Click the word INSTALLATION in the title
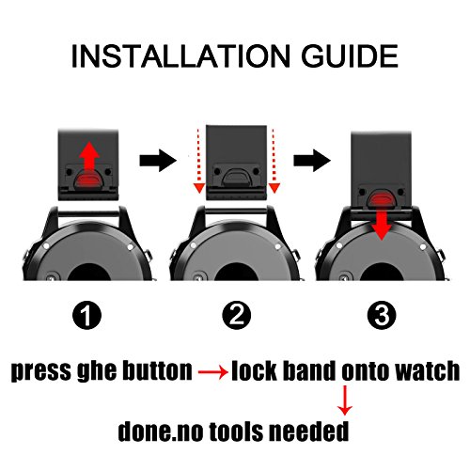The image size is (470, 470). click(x=180, y=56)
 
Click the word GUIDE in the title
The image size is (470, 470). click(x=350, y=56)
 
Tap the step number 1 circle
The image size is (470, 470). click(x=86, y=315)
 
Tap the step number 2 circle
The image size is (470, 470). click(x=237, y=315)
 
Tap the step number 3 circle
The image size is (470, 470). click(x=382, y=315)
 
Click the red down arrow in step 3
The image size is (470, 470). click(x=381, y=224)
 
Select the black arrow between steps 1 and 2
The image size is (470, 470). click(x=158, y=161)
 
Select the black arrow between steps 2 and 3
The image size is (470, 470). click(x=312, y=161)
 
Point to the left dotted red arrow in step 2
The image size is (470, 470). click(x=198, y=161)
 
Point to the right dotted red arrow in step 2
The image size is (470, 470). click(x=274, y=161)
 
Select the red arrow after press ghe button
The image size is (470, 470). click(x=213, y=372)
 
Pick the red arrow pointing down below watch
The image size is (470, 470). click(x=345, y=400)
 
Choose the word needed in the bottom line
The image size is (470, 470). click(x=309, y=431)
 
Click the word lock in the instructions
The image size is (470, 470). click(x=254, y=370)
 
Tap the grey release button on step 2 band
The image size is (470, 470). click(x=237, y=177)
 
